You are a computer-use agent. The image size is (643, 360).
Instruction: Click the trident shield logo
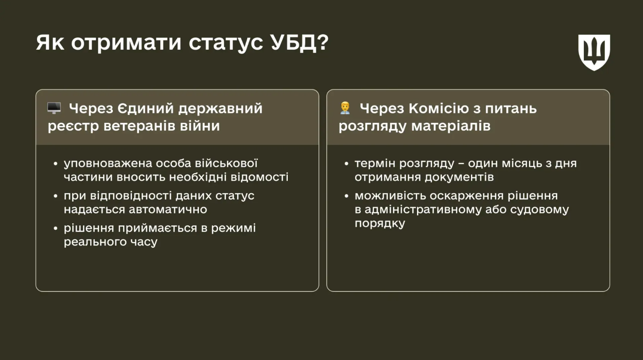click(x=594, y=52)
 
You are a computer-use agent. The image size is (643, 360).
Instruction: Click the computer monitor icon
click(x=54, y=108)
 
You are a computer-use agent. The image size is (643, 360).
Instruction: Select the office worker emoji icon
click(x=345, y=108)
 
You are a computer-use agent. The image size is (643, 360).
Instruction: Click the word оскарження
click(x=467, y=196)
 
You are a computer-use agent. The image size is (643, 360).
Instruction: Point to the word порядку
click(x=380, y=224)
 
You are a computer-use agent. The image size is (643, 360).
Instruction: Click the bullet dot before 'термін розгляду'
click(x=347, y=164)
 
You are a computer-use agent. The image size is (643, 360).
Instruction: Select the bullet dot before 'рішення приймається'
click(x=56, y=229)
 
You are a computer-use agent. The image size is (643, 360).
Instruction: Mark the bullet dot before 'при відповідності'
click(x=56, y=196)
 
